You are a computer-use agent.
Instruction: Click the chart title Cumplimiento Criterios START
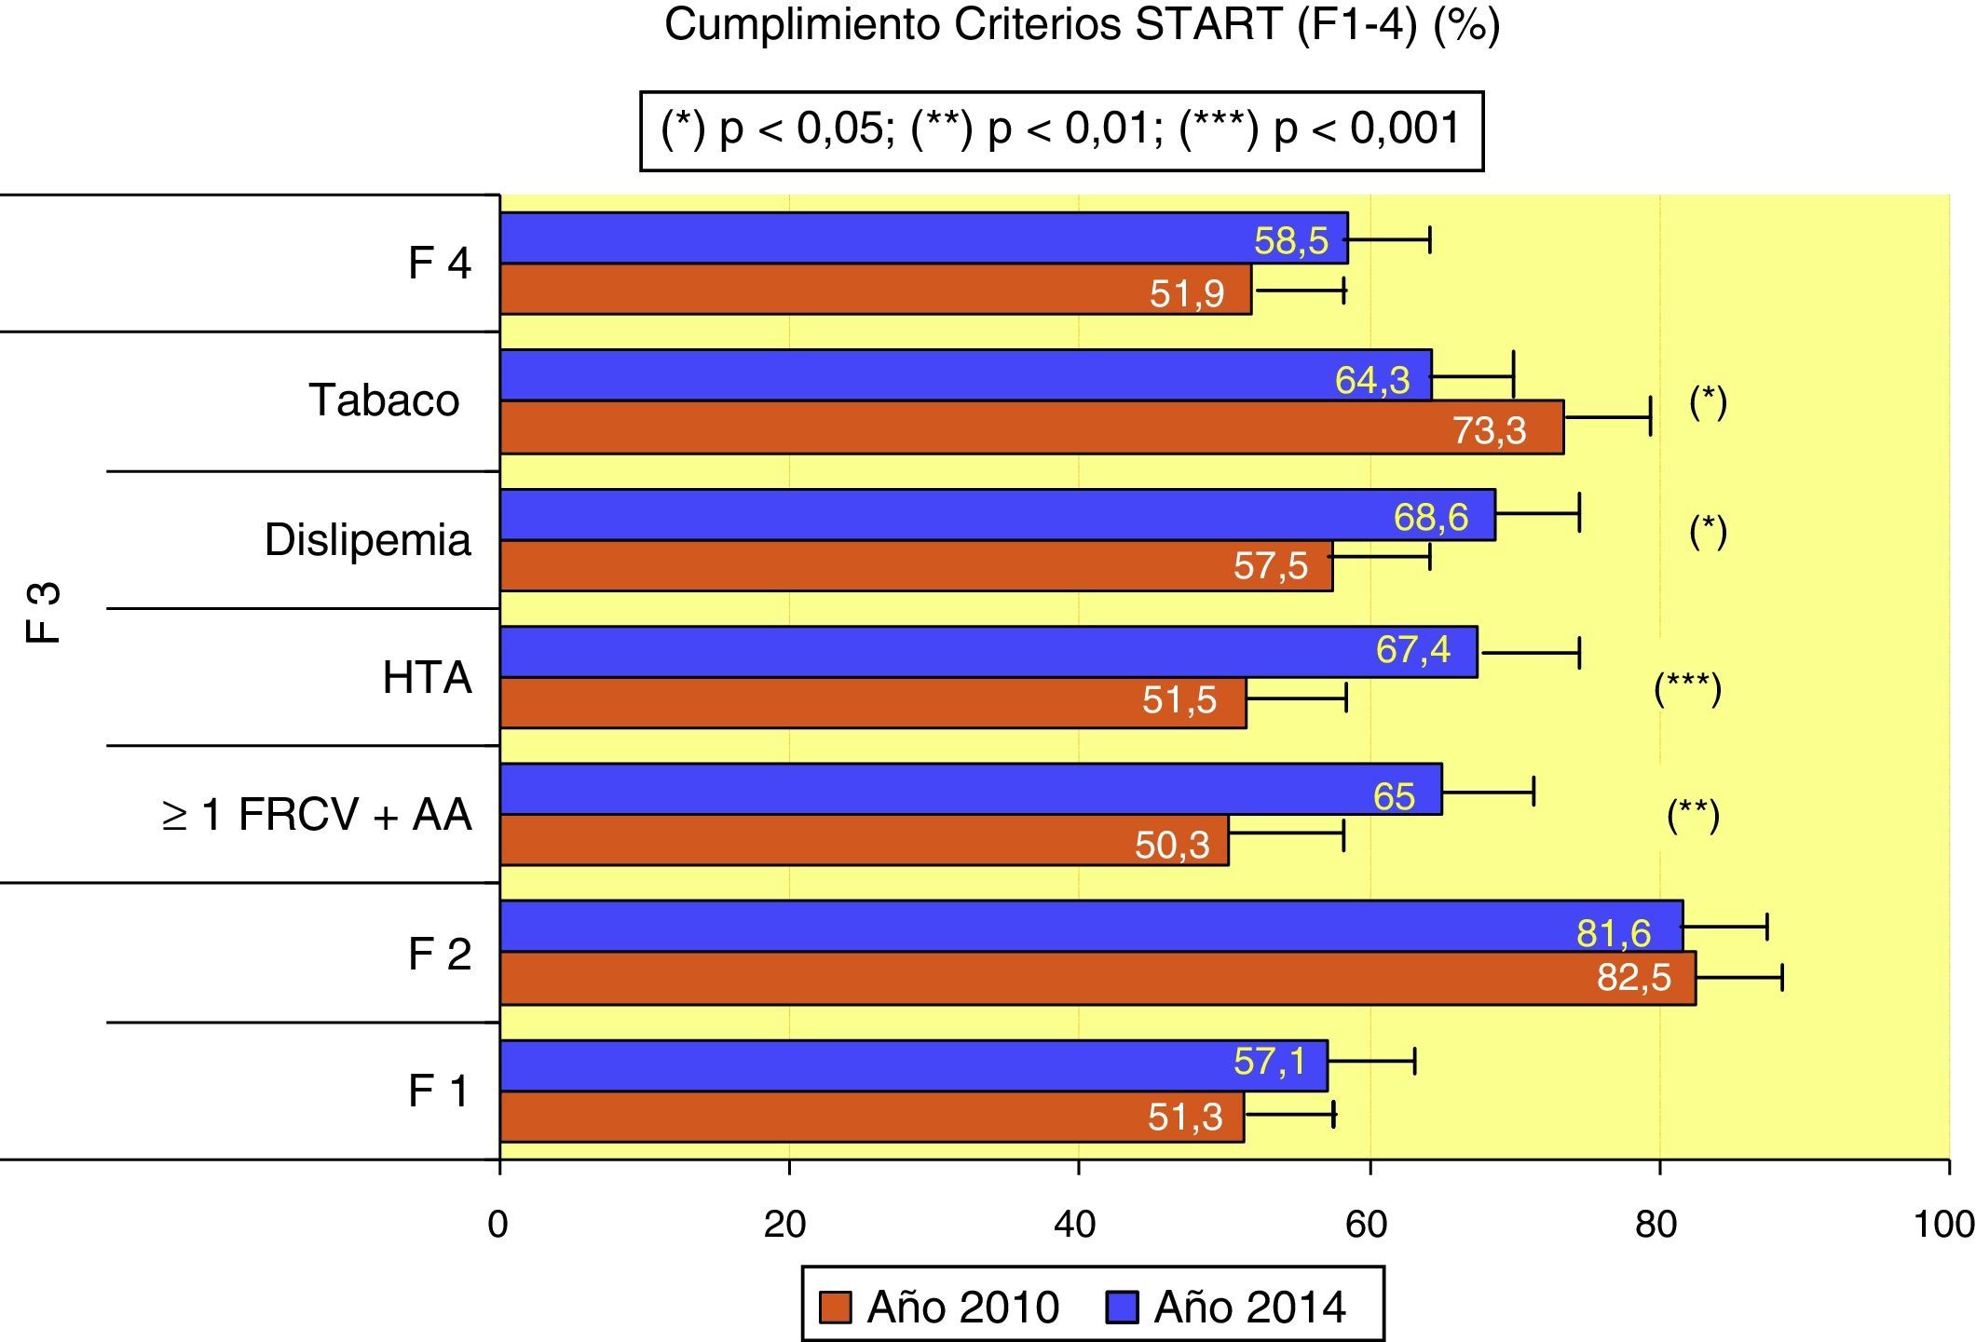(1082, 26)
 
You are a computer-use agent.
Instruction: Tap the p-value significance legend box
(1061, 130)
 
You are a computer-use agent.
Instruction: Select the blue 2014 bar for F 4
(922, 238)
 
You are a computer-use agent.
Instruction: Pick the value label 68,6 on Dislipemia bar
(1430, 517)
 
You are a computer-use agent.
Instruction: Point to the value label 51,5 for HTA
(1179, 700)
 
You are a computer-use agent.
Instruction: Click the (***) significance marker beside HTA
(1687, 690)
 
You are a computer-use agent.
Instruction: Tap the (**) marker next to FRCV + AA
(1693, 816)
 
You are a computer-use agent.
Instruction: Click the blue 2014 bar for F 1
(913, 1065)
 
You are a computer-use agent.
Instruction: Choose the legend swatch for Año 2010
(836, 1308)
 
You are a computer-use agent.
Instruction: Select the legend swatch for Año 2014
(1123, 1308)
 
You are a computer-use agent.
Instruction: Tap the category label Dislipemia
(368, 540)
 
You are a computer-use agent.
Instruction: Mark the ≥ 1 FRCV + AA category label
(317, 816)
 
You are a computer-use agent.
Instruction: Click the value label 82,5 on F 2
(1634, 978)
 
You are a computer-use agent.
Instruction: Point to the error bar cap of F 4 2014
(1429, 239)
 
